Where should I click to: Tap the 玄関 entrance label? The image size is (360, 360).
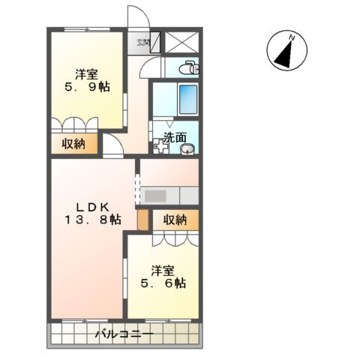point(142,43)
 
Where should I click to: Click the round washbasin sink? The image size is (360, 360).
point(187,148)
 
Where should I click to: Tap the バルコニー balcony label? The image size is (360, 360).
point(124,334)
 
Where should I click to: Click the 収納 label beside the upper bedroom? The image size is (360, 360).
point(73,143)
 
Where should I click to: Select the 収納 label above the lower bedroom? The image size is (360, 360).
point(175,220)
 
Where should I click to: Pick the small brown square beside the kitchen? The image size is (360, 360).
point(143,220)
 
